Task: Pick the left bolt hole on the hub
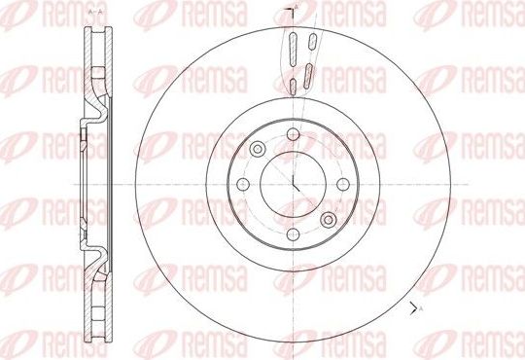tap(247, 181)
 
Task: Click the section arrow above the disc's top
tap(293, 12)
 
